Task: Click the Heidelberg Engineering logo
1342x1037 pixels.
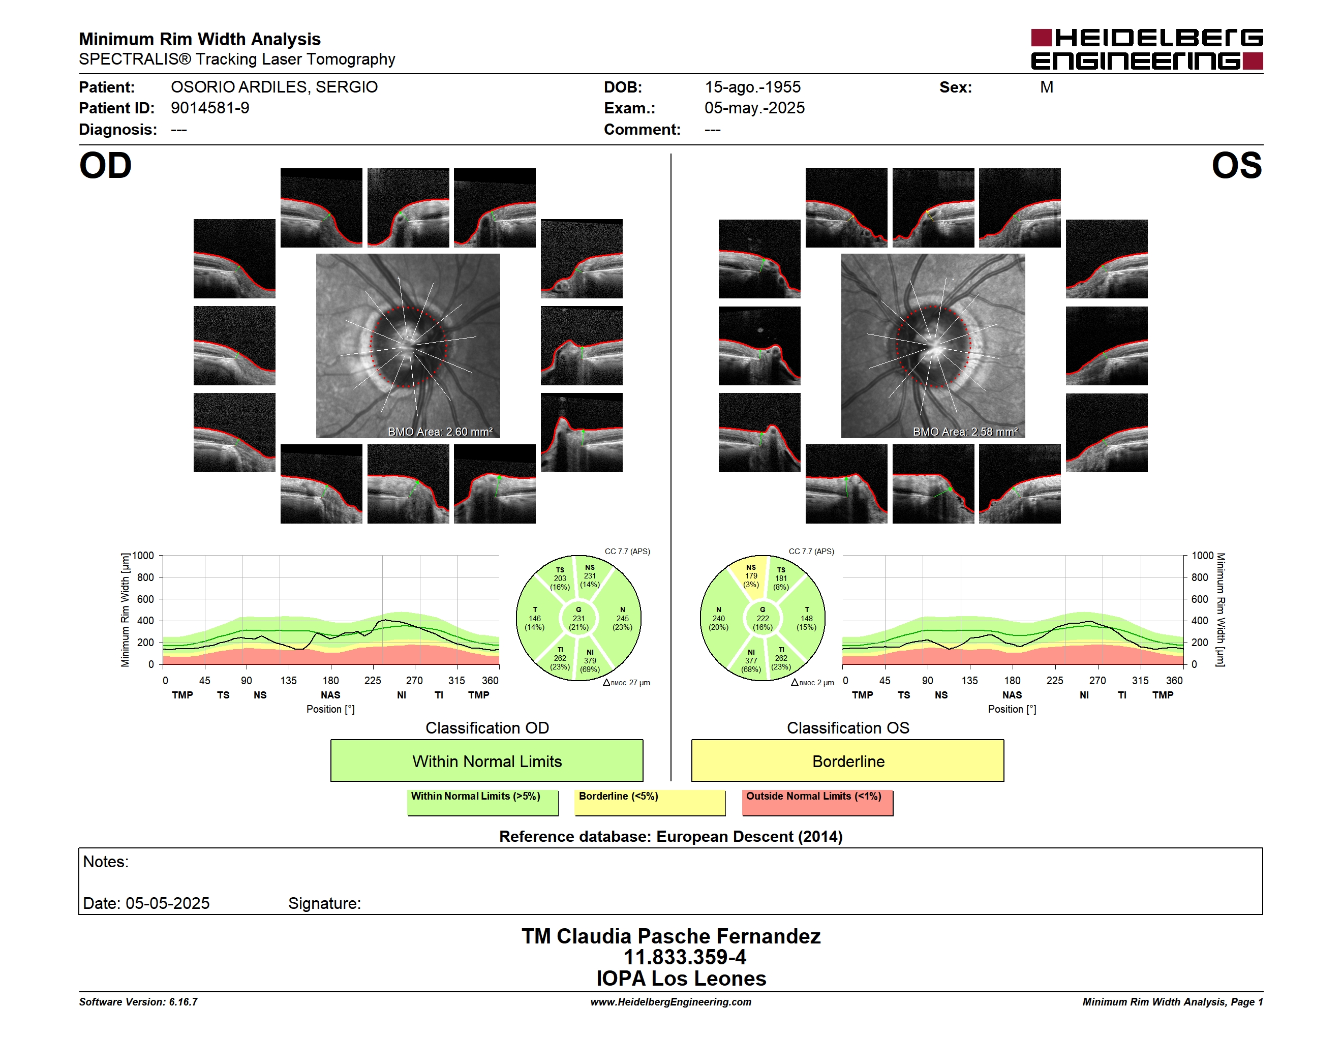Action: [1147, 49]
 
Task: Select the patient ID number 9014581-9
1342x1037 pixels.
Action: [210, 108]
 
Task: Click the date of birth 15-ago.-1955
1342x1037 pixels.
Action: [753, 87]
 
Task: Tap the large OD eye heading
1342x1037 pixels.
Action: [105, 166]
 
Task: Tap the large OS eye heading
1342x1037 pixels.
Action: [1236, 166]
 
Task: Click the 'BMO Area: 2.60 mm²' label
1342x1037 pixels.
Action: [440, 432]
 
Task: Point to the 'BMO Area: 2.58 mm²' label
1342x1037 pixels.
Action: [965, 432]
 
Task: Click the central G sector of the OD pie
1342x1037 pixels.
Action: [578, 619]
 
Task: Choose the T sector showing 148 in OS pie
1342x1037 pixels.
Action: [806, 619]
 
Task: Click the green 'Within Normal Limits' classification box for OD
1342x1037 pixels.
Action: [486, 760]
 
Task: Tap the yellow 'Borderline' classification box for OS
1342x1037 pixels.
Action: [847, 760]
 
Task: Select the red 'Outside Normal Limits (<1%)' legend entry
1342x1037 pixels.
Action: [817, 802]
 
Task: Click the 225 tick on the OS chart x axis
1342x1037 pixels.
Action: [1054, 681]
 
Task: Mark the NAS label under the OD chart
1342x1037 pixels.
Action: [330, 695]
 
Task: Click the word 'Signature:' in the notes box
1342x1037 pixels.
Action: [324, 903]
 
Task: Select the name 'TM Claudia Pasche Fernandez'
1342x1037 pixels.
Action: [671, 936]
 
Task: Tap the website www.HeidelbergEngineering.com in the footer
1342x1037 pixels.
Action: [671, 1002]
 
